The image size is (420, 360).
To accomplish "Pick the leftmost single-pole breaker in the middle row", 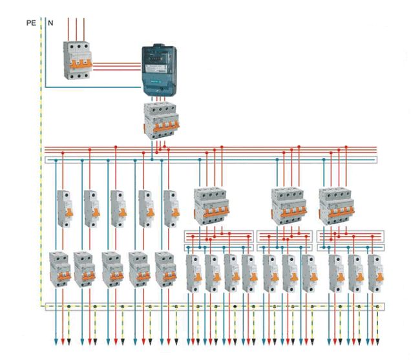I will (66, 207).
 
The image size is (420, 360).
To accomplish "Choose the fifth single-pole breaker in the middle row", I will (171, 207).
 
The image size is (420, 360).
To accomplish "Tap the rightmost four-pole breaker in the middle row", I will (336, 205).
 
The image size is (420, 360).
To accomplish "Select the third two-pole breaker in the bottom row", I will (112, 270).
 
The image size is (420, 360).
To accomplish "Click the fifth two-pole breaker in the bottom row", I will (165, 270).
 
